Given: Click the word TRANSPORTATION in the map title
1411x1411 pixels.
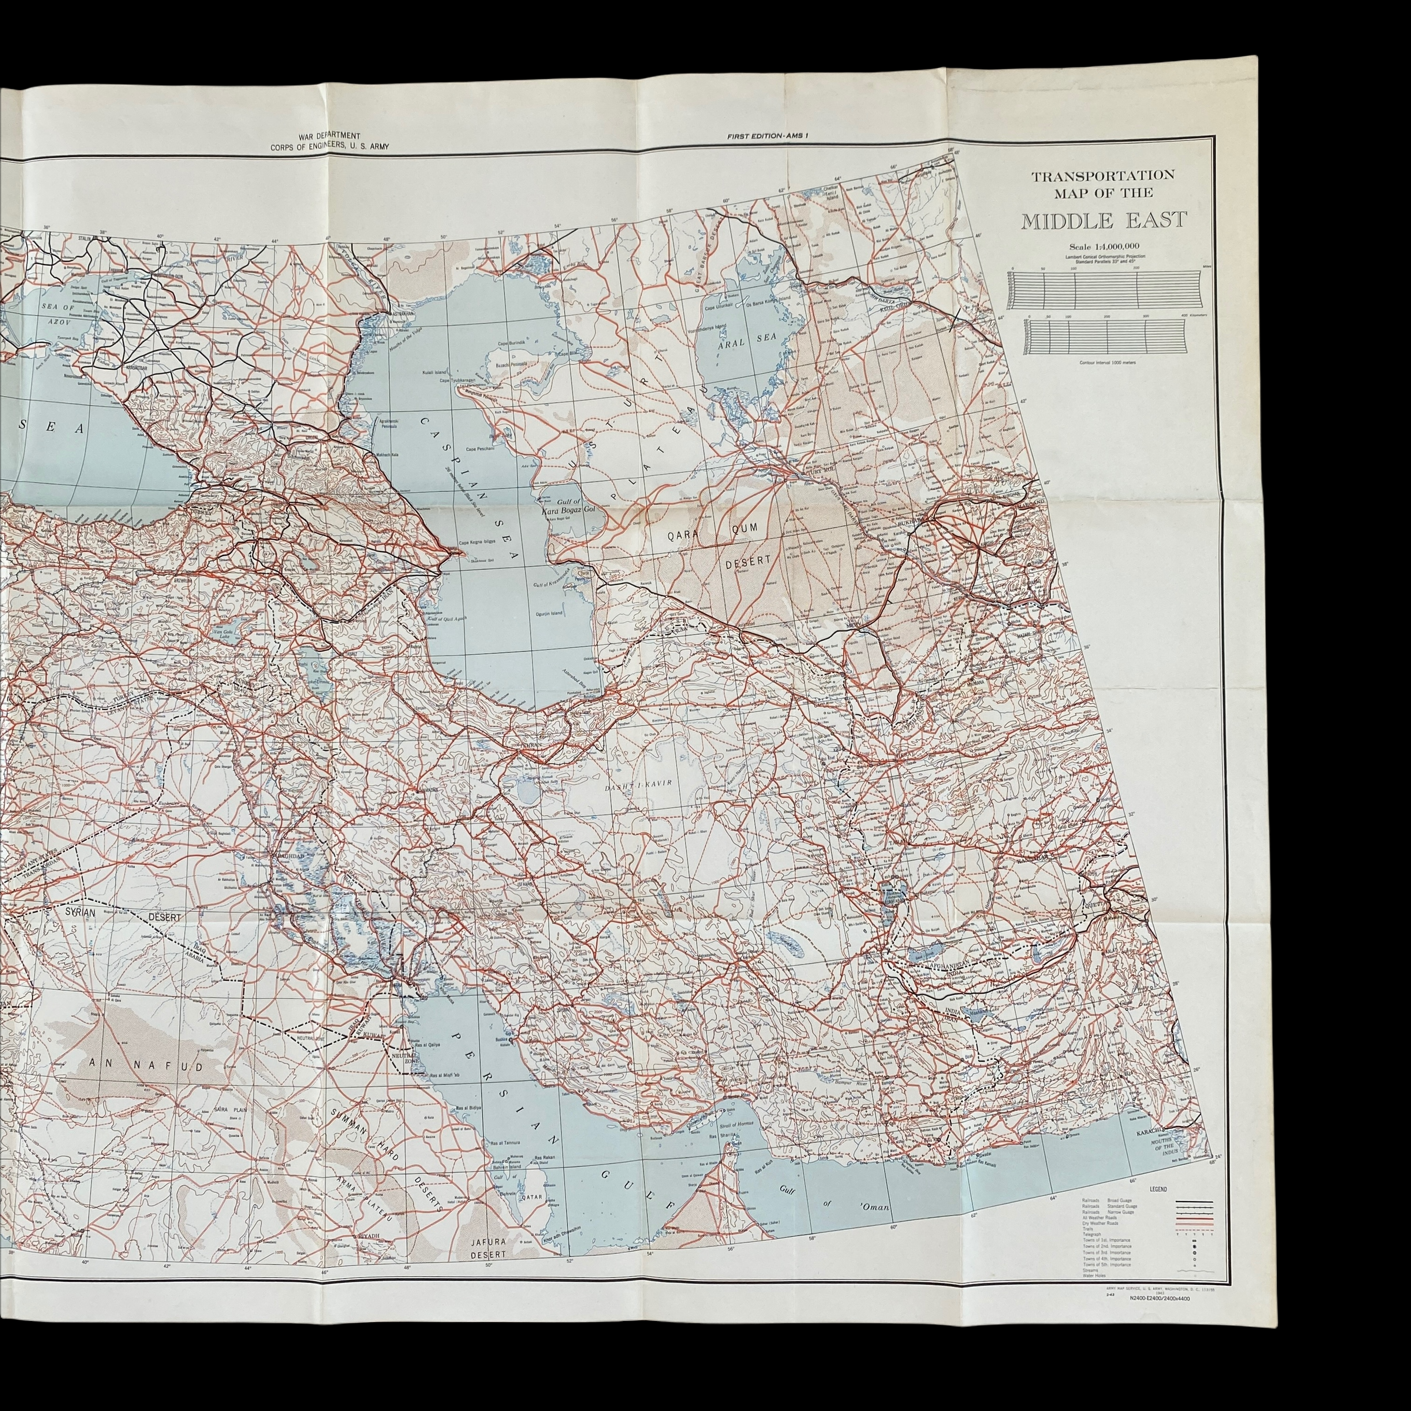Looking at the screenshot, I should click(x=1102, y=175).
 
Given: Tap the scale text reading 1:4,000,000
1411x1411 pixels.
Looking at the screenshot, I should click(x=1104, y=246).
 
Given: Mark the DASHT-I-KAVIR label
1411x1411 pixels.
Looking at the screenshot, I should click(x=637, y=783).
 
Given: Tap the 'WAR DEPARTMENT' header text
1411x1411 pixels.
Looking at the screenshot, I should click(x=329, y=136).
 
